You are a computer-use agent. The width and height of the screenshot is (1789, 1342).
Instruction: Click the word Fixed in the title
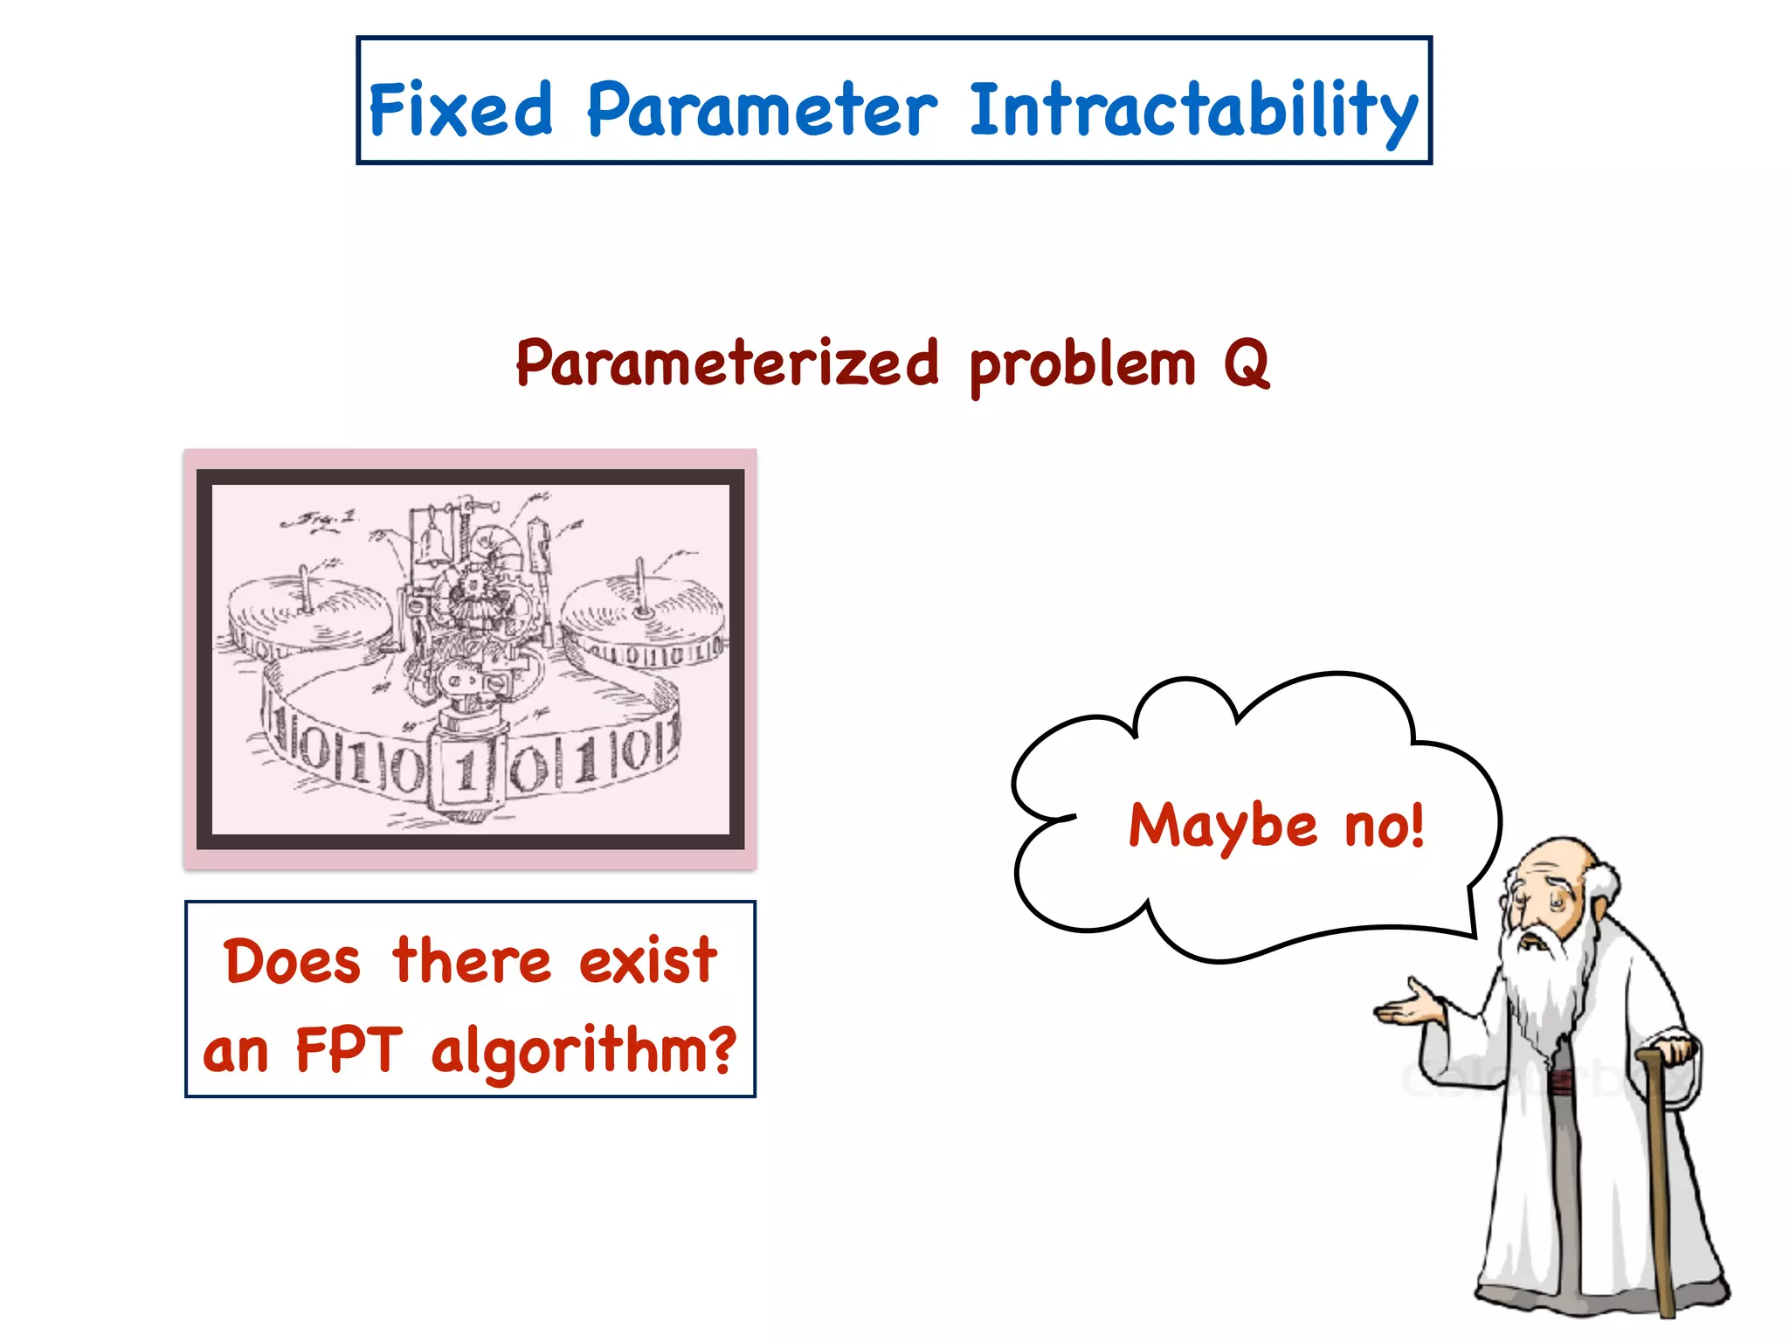(460, 110)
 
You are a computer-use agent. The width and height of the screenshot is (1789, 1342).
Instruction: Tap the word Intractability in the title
(1192, 110)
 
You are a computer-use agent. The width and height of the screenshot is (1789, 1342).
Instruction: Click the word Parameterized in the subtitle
(727, 363)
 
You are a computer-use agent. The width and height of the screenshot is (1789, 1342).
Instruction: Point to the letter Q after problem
(1246, 363)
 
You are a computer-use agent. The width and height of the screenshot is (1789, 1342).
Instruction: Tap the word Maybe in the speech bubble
(1222, 826)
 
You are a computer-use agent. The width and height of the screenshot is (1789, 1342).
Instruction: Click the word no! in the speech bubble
(1385, 826)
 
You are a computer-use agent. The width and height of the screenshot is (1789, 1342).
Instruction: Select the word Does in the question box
(292, 961)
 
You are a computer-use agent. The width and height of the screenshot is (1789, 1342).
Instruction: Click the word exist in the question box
(647, 961)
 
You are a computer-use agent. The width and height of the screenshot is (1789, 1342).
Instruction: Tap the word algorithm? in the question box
(584, 1052)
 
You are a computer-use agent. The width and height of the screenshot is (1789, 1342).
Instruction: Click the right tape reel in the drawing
(643, 612)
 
